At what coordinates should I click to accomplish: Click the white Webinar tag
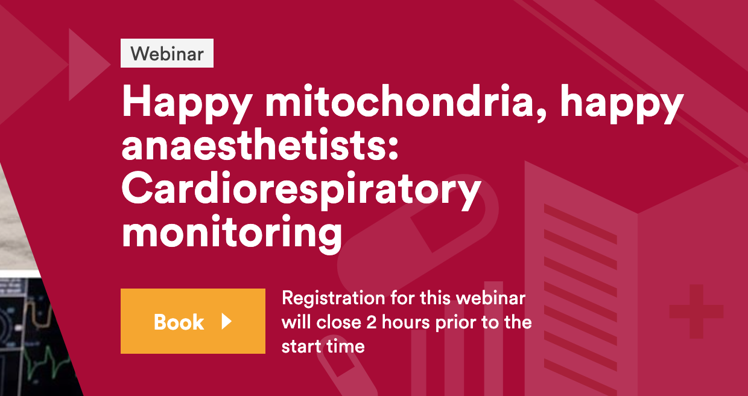coord(167,53)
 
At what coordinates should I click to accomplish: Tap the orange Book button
coord(193,321)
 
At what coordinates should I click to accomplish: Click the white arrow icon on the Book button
coord(227,322)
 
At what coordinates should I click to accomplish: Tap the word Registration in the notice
coord(334,298)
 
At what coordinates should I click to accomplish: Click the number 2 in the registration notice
coord(372,323)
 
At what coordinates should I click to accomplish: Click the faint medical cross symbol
coord(697,311)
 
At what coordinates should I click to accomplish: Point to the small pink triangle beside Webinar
coord(89,65)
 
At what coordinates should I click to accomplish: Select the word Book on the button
coord(179,322)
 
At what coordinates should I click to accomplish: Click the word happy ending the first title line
coord(621,103)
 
